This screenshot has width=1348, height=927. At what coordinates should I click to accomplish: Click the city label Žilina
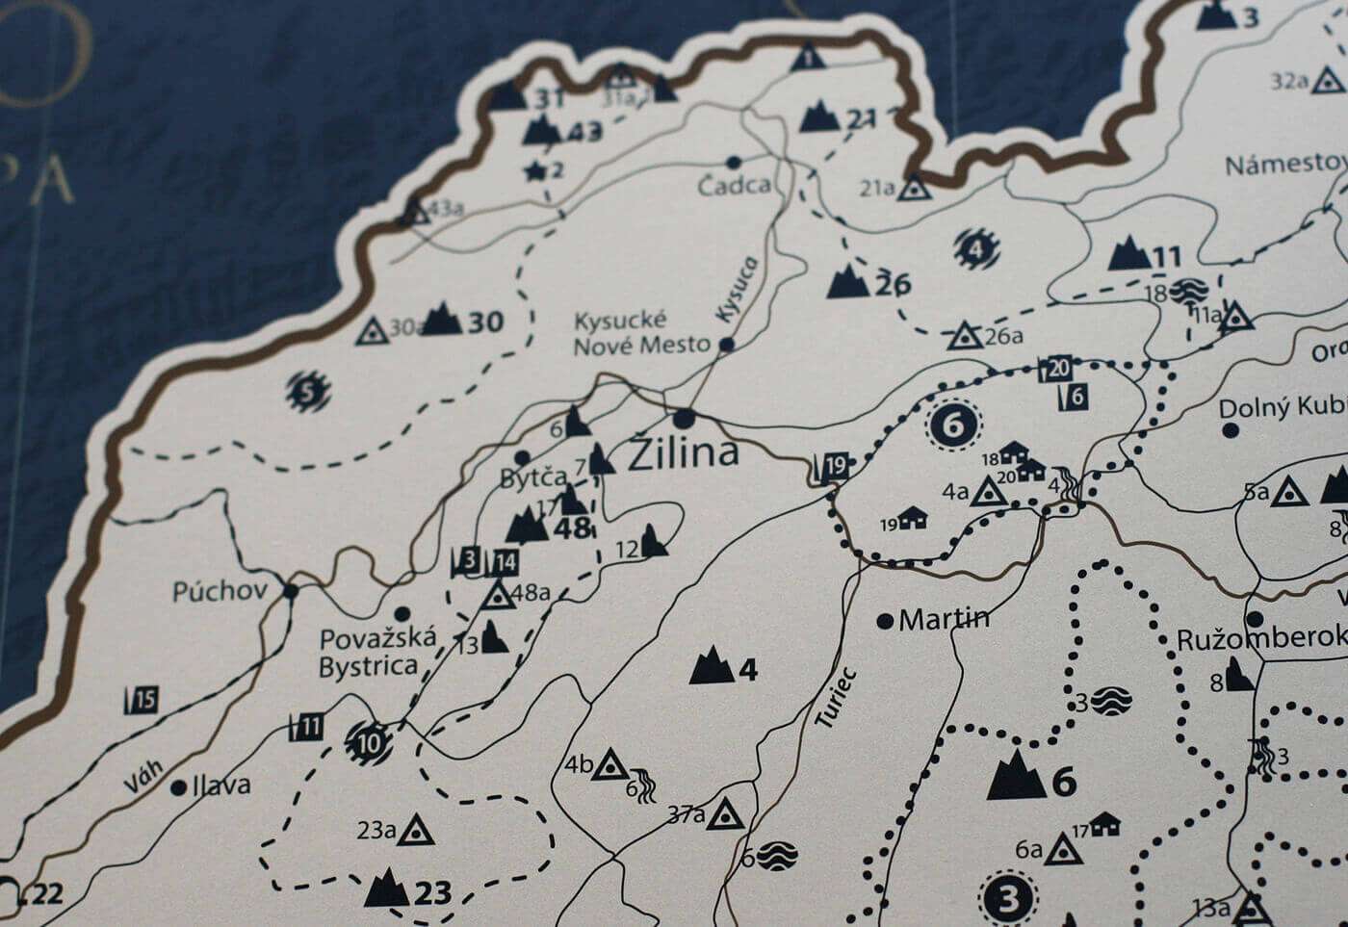point(683,453)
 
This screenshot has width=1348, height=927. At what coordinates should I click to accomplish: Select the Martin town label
point(943,619)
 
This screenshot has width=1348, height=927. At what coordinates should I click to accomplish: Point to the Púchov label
point(220,590)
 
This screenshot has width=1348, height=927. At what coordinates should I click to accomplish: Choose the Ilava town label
point(221,785)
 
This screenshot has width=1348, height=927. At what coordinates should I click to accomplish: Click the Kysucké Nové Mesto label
point(640,333)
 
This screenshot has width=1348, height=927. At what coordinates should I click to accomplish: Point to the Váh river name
point(143,775)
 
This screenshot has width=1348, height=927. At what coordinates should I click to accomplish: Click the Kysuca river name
point(738,288)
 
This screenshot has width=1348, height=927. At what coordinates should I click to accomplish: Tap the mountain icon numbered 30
point(442,319)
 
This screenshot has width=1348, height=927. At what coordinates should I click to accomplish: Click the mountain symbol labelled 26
point(847,281)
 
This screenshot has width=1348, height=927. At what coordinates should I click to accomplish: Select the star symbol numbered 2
point(534,171)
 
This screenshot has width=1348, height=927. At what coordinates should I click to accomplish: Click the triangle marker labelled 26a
point(962,336)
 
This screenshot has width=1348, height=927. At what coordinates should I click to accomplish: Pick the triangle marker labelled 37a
point(725,813)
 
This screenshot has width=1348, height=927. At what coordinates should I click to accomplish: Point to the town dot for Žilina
point(685,419)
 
